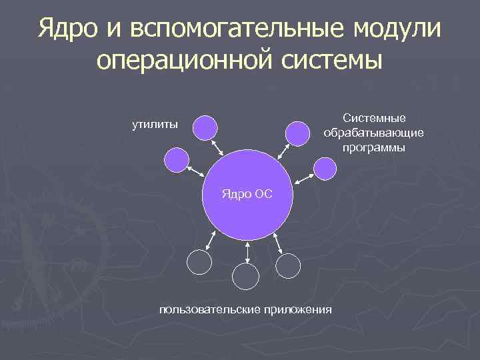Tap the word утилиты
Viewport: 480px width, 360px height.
155,123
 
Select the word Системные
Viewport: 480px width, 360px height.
373,118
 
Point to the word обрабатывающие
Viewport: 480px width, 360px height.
373,133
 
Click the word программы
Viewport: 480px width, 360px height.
373,147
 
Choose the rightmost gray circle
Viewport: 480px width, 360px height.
289,265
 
